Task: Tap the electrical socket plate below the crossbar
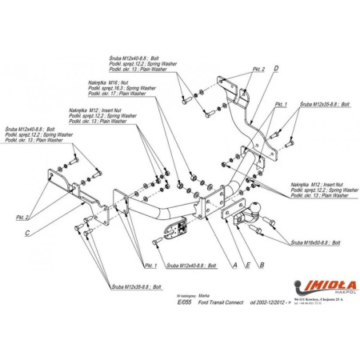[x=174, y=231]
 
